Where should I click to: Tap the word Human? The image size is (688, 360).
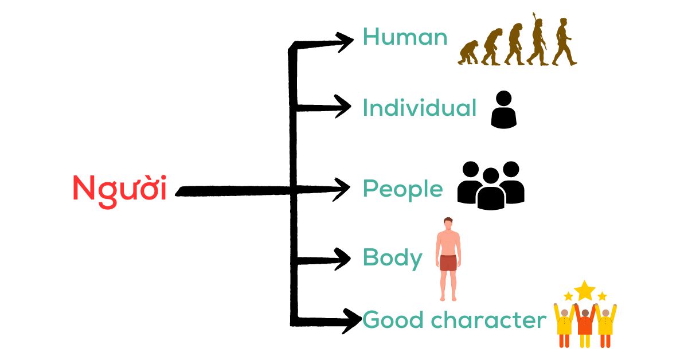tap(405, 37)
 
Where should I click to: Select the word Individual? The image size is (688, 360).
tap(420, 108)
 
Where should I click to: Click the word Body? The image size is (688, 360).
tap(393, 259)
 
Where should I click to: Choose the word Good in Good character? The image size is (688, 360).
tap(393, 320)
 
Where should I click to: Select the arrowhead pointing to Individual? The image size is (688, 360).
tap(342, 106)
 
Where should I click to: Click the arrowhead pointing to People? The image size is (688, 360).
tap(341, 189)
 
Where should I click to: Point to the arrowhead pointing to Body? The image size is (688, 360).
tap(342, 259)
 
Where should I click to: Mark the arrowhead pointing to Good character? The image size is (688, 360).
tap(352, 321)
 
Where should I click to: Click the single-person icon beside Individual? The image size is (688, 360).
tap(504, 109)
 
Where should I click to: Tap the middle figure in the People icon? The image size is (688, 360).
tap(491, 189)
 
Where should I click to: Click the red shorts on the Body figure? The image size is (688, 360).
tap(448, 263)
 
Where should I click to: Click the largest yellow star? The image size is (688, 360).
tap(584, 290)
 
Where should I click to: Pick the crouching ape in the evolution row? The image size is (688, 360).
tap(468, 53)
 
